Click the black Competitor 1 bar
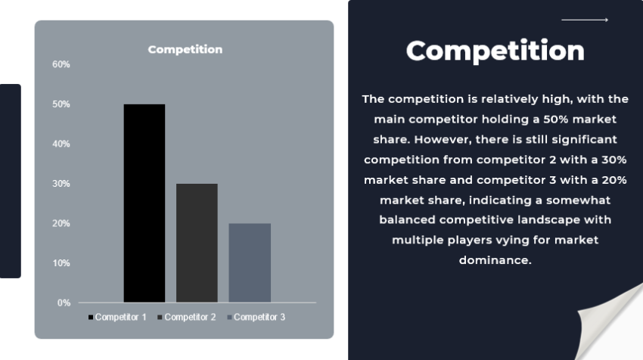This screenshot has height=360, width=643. [x=144, y=203]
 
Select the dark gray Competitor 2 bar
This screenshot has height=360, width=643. [x=197, y=243]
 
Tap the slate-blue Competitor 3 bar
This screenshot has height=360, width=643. [x=250, y=262]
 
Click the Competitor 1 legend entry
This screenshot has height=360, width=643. [x=117, y=317]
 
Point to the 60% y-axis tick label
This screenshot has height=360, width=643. [x=61, y=64]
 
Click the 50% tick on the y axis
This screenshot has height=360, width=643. [x=61, y=104]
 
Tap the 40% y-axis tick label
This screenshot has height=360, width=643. [x=61, y=144]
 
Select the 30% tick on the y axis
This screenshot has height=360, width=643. [x=61, y=184]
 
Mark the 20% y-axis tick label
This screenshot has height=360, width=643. [x=61, y=223]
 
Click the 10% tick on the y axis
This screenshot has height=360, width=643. [x=61, y=263]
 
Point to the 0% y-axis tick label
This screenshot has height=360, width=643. [x=64, y=303]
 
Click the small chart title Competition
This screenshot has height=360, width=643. [x=185, y=49]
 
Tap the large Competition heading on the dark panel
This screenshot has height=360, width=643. [x=495, y=51]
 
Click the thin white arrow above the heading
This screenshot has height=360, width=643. [x=584, y=20]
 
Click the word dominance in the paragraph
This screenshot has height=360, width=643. [x=495, y=259]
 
